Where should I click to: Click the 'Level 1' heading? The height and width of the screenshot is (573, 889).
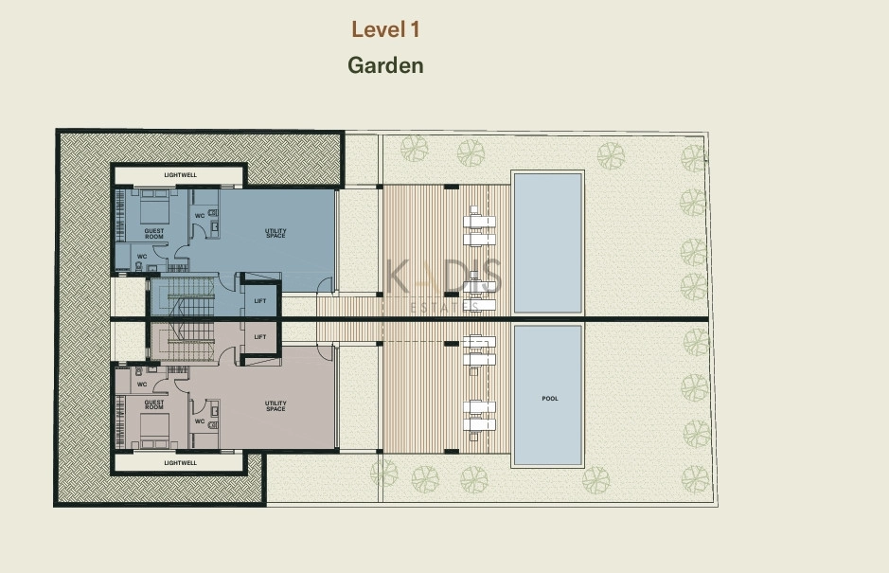tap(385, 29)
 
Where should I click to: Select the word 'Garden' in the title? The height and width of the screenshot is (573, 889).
tap(385, 65)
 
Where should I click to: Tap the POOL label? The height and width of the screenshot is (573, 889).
tap(550, 399)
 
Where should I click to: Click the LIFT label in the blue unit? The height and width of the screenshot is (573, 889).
tap(260, 301)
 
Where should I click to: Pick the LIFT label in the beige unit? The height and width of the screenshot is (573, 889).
tap(260, 337)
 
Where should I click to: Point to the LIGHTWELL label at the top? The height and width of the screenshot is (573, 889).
tap(180, 175)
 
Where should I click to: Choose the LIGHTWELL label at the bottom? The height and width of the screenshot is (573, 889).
tap(180, 463)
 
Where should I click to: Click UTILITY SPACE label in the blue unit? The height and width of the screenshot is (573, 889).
tap(276, 233)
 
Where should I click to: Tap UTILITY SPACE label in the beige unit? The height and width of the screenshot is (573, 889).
tap(276, 406)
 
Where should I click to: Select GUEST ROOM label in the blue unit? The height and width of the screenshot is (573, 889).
tap(154, 234)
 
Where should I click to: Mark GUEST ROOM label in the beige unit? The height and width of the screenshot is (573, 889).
tap(154, 404)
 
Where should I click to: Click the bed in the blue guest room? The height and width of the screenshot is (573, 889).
tap(154, 208)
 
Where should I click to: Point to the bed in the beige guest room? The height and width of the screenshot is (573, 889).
tap(154, 430)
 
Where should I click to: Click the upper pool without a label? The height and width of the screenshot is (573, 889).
tap(547, 242)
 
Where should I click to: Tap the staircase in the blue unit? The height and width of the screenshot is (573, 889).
tap(183, 296)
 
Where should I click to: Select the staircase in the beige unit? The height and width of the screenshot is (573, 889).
tap(183, 342)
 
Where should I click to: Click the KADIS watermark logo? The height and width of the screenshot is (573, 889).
tap(443, 277)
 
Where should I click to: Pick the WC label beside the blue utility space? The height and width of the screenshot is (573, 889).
tap(200, 216)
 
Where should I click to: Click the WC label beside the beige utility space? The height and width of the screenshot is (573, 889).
tap(200, 421)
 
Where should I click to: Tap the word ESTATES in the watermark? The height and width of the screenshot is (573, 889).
tap(444, 307)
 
